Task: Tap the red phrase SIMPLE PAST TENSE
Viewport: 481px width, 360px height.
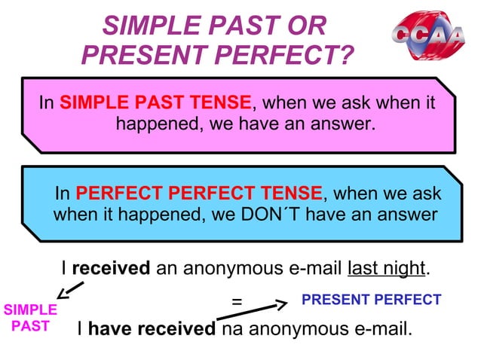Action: [x=155, y=102]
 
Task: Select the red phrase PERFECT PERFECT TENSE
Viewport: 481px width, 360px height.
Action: [x=199, y=193]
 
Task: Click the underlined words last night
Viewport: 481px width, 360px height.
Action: [x=386, y=268]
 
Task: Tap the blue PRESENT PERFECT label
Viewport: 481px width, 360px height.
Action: [x=371, y=300]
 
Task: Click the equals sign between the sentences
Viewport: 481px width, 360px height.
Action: [x=237, y=301]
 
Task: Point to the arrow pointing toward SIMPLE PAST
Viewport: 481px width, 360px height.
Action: [x=69, y=288]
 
